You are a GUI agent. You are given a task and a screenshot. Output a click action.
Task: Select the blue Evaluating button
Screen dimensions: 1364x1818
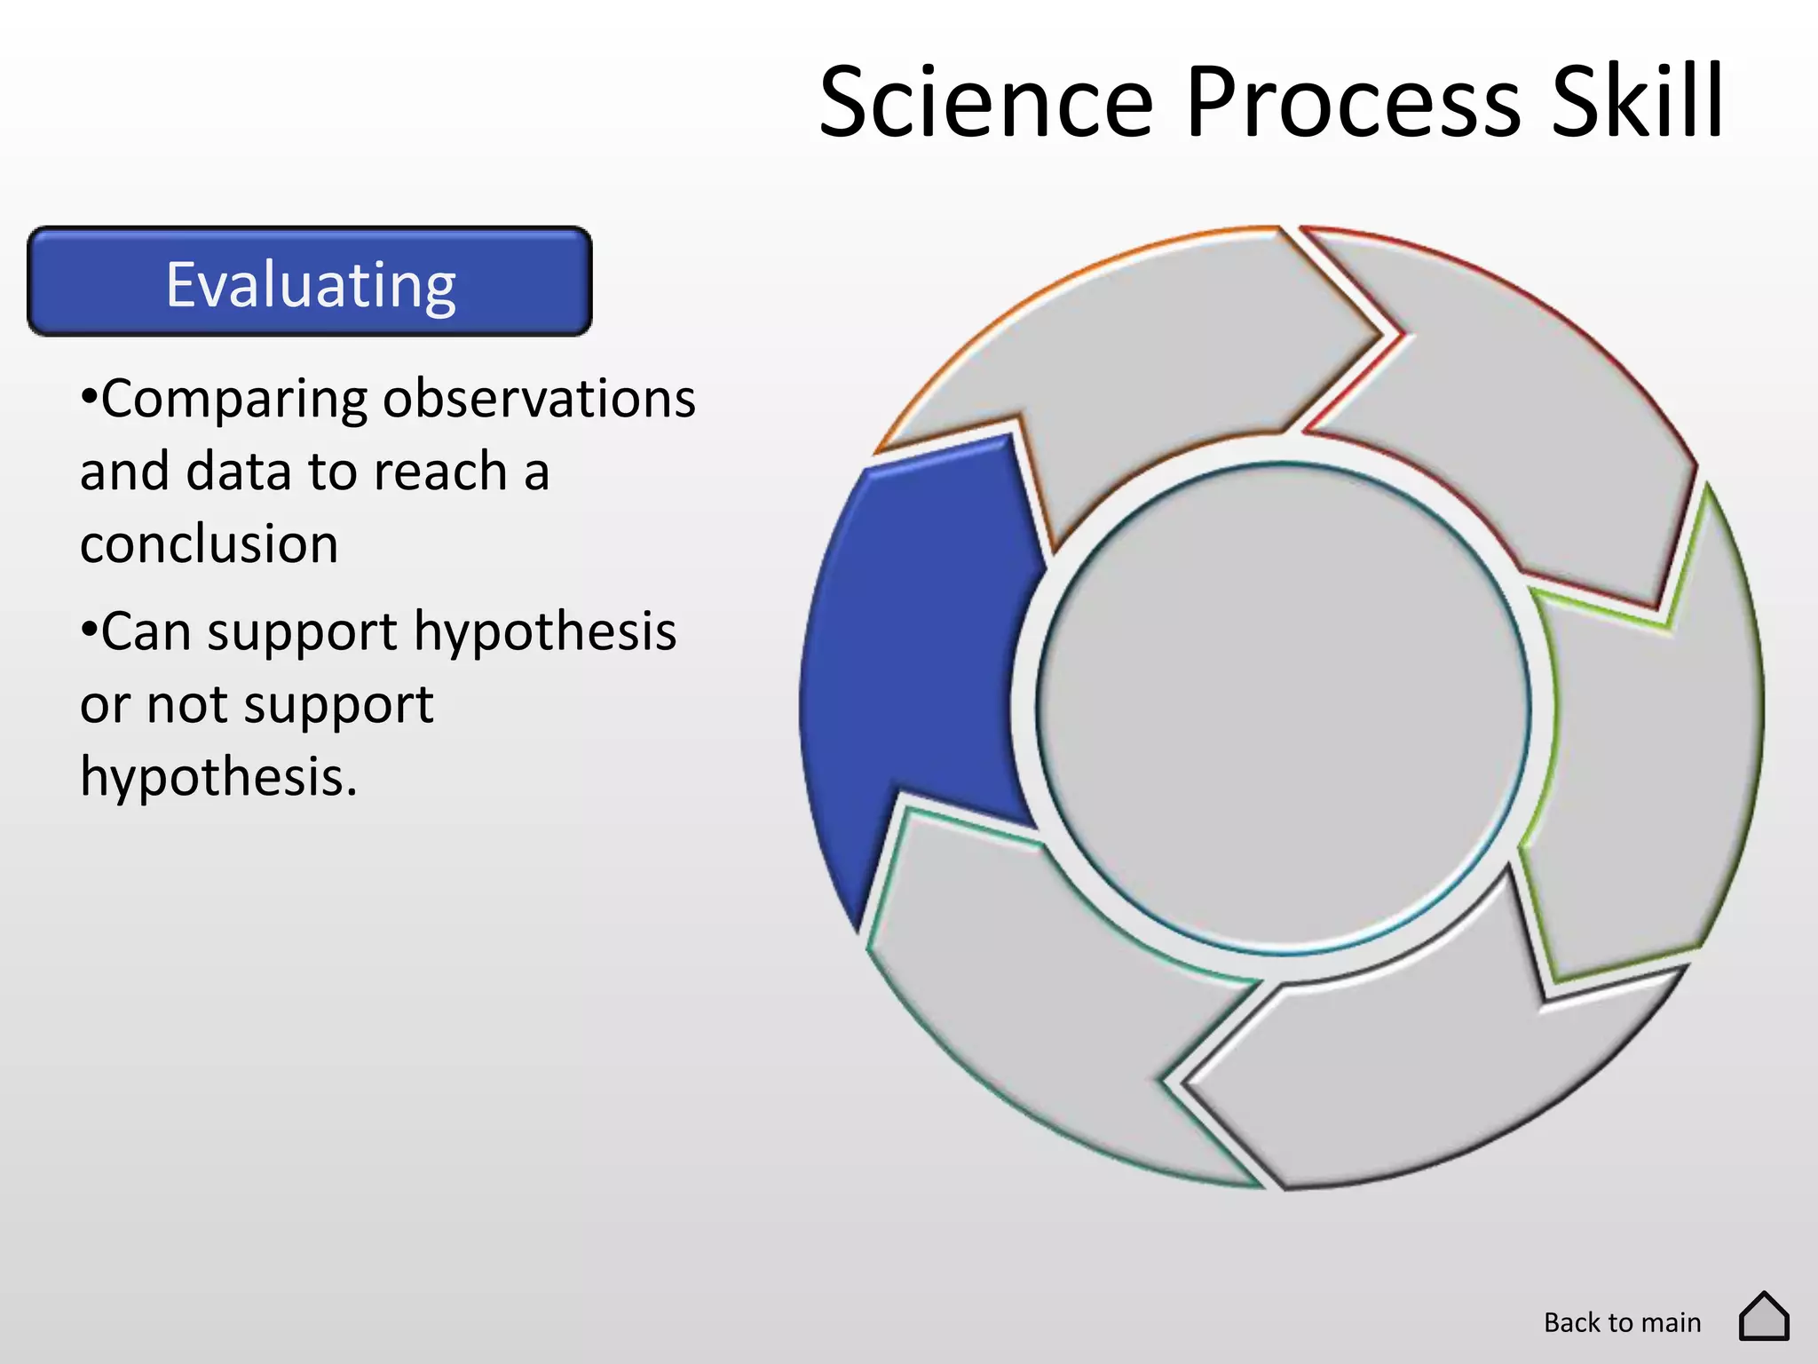(x=310, y=282)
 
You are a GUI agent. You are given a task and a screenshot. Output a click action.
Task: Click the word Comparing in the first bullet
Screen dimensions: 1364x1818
(x=233, y=400)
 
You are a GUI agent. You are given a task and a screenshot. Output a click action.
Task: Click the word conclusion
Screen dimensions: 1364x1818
(x=209, y=543)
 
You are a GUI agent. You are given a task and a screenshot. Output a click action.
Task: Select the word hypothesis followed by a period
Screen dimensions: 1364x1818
(x=218, y=777)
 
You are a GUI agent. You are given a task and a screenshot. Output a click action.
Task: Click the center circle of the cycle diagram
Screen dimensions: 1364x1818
(x=1283, y=708)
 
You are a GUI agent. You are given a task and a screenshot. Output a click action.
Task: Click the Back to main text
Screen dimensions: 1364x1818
(x=1622, y=1322)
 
